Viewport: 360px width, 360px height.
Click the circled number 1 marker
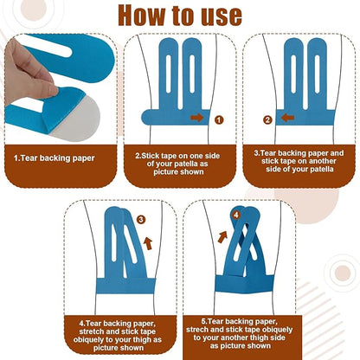pyautogui.click(x=219, y=119)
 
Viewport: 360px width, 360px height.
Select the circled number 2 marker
pyautogui.click(x=267, y=119)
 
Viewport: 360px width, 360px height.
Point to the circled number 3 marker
pyautogui.click(x=141, y=220)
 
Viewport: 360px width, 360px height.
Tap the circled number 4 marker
pyautogui.click(x=236, y=215)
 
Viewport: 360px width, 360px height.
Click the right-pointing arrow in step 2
pyautogui.click(x=197, y=118)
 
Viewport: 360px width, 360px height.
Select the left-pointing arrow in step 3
pyautogui.click(x=287, y=118)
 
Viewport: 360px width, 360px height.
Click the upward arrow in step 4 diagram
pyautogui.click(x=148, y=243)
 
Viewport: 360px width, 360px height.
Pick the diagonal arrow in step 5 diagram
pyautogui.click(x=222, y=237)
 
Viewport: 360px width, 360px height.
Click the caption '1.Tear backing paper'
pyautogui.click(x=55, y=158)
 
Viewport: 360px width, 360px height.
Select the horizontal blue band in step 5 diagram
pyautogui.click(x=245, y=284)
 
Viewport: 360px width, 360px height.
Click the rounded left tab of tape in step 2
pyautogui.click(x=150, y=118)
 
